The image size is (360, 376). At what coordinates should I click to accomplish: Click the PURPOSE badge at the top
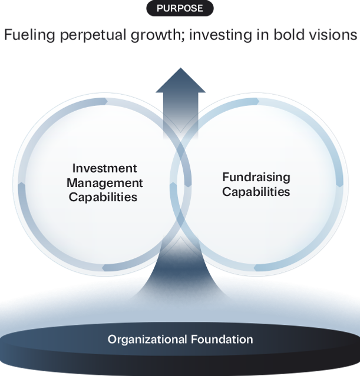pos(180,8)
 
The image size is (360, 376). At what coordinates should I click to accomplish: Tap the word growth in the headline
pos(156,36)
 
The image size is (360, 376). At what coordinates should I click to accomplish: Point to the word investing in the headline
pos(217,36)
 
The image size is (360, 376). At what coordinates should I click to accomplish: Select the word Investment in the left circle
pos(104,169)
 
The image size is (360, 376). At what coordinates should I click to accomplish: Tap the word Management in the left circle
pos(104,183)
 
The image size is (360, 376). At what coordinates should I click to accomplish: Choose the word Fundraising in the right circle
pos(256,177)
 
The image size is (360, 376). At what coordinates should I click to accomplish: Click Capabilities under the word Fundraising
pos(256,192)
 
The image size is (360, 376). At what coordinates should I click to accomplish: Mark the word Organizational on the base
pos(147,340)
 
